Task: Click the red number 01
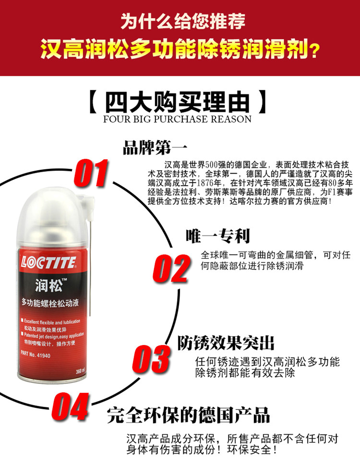click(91, 173)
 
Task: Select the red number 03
click(151, 359)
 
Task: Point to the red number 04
click(70, 407)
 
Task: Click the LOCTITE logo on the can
click(48, 262)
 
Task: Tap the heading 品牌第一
click(155, 147)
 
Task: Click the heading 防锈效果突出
click(226, 343)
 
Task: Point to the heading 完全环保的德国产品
click(189, 415)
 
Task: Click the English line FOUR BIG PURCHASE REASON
click(177, 119)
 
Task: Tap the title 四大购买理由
click(177, 103)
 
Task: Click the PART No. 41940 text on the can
click(36, 354)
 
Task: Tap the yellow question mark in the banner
click(314, 51)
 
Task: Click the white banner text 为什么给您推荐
click(183, 21)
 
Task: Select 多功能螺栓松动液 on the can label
click(50, 303)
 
